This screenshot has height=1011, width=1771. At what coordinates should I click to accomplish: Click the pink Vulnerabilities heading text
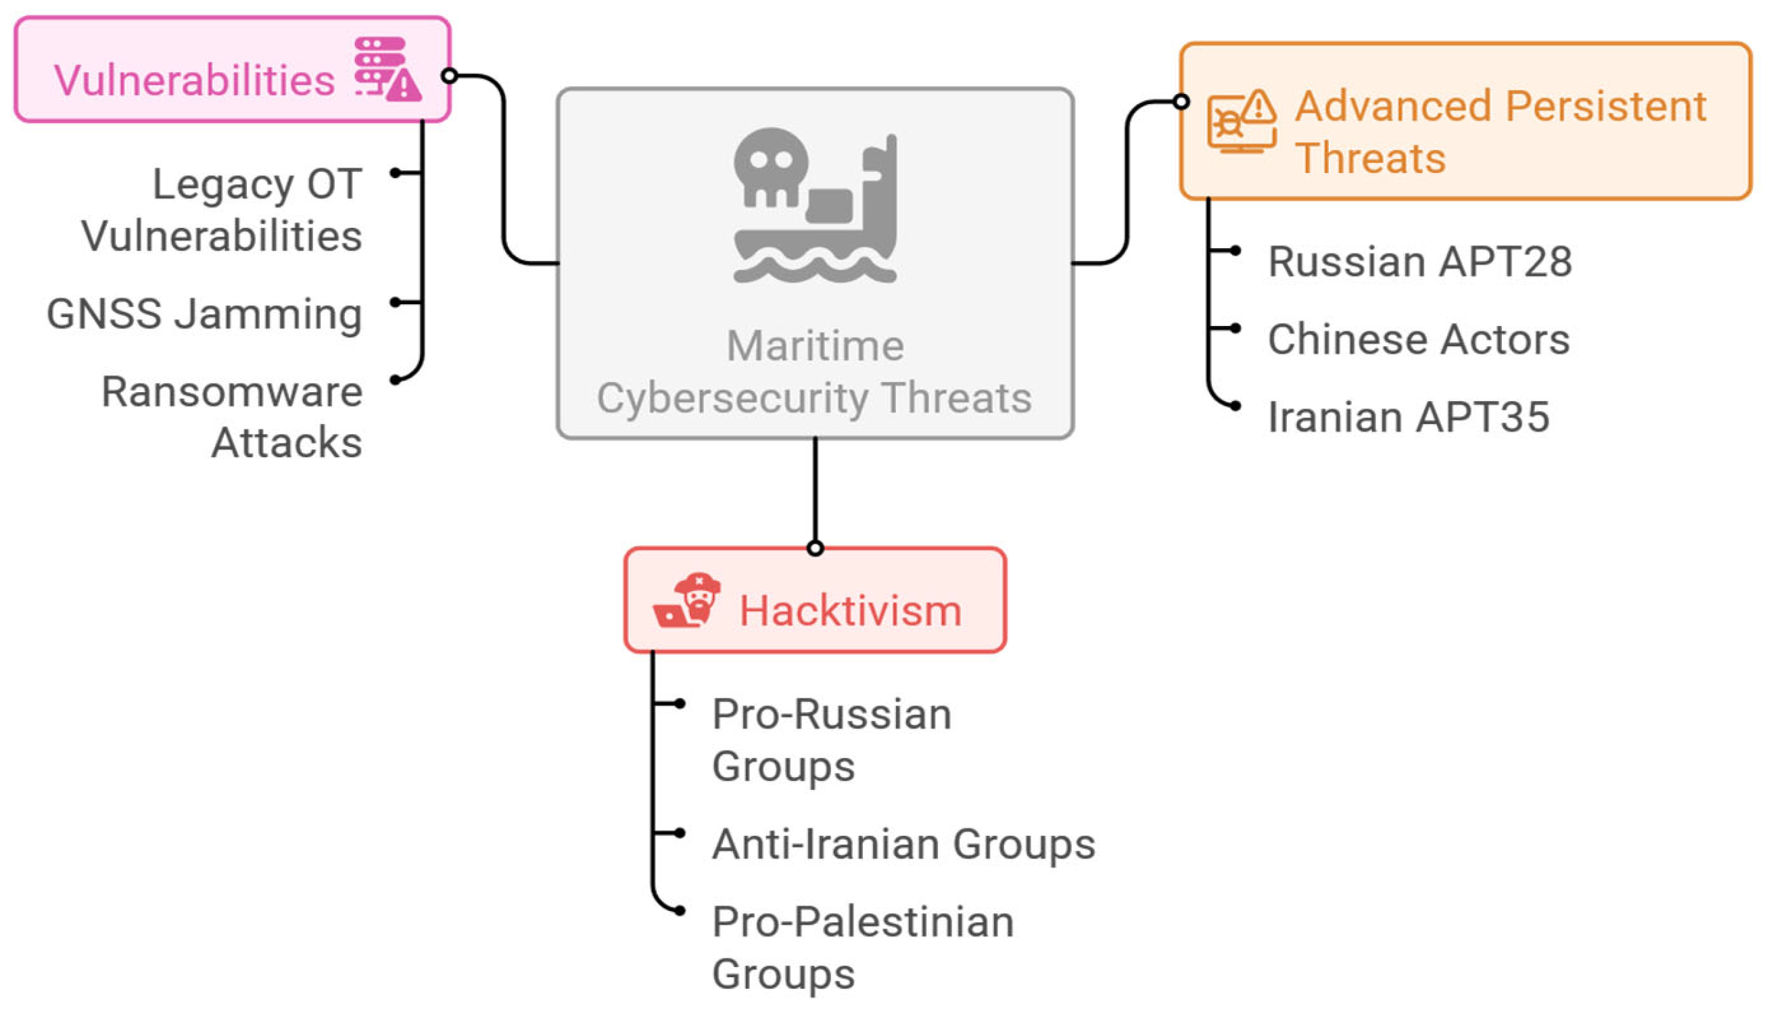point(193,80)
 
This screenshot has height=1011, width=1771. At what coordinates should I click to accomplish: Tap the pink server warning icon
point(387,70)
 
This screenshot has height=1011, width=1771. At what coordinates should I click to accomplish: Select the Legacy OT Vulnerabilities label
point(222,210)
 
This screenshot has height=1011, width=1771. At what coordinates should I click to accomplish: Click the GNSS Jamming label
point(204,314)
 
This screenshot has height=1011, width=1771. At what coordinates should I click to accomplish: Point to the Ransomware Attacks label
point(232,417)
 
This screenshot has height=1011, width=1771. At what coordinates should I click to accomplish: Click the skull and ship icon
point(815,206)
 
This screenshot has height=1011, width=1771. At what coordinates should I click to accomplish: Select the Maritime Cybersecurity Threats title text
point(814,371)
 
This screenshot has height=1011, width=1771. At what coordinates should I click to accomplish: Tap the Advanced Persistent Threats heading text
point(1500,131)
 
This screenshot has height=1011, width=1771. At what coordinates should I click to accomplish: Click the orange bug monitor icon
point(1240,122)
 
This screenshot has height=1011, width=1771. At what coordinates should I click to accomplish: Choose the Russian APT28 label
point(1419,262)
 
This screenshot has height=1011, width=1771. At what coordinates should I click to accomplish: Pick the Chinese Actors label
point(1418,339)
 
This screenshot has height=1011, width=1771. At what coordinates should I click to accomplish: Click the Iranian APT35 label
point(1408,417)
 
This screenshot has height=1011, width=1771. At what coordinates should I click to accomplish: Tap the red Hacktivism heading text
point(850,611)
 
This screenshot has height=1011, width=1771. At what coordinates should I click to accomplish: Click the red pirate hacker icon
point(686,601)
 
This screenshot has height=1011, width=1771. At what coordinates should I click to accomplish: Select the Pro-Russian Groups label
point(831,740)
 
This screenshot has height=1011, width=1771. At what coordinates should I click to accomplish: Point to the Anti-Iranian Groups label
point(903,845)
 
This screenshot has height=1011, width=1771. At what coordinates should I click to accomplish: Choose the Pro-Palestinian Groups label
point(863,948)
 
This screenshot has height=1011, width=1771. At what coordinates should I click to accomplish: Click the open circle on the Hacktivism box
point(815,548)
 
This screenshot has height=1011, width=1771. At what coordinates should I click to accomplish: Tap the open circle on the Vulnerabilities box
point(449,75)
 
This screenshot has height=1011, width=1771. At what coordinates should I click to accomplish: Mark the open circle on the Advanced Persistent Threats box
point(1181,102)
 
